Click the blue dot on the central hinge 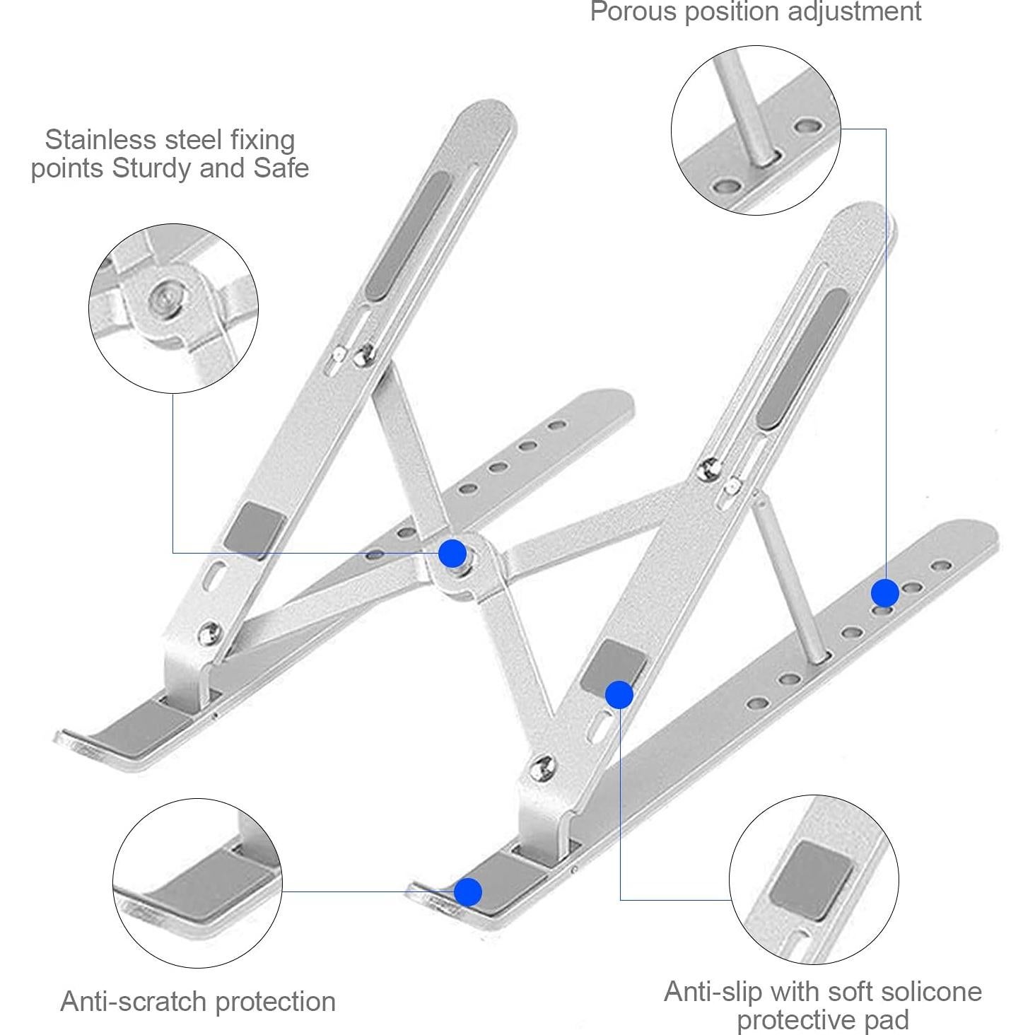(x=452, y=553)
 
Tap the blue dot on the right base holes (x=884, y=592)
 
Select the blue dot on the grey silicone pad (x=619, y=695)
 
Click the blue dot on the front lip (x=467, y=892)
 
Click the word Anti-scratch (x=134, y=1001)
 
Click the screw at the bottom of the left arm (x=209, y=633)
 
